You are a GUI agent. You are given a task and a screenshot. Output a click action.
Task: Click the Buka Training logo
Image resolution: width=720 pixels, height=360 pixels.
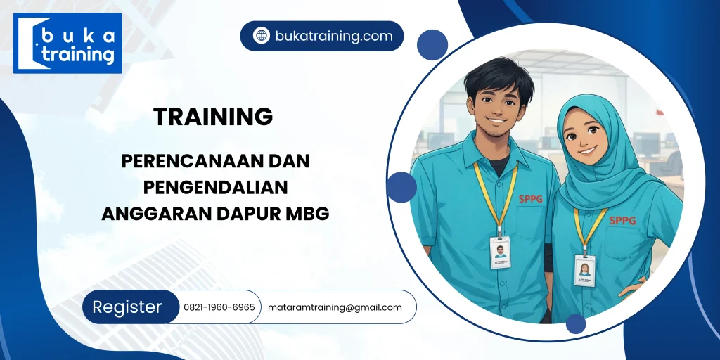(67, 43)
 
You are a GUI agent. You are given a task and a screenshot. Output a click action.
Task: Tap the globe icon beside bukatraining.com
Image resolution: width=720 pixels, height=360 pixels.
(262, 36)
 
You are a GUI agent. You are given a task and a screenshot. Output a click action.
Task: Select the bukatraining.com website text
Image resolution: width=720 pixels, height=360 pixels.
(334, 36)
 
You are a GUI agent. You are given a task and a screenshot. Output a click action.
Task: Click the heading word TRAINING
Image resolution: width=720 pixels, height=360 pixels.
(213, 117)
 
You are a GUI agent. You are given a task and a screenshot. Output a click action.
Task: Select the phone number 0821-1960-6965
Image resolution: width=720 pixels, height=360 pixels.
(219, 307)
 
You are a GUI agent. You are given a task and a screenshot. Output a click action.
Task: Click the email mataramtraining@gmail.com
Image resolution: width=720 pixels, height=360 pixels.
(335, 307)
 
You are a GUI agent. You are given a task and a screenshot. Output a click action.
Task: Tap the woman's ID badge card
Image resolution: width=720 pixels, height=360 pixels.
(584, 270)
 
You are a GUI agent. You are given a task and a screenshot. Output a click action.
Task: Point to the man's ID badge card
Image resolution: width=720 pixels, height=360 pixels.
(500, 252)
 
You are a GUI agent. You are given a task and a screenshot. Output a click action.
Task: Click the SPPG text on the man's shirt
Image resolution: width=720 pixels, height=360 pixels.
(532, 199)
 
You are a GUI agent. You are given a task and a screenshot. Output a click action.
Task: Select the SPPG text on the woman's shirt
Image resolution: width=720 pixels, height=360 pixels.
(622, 221)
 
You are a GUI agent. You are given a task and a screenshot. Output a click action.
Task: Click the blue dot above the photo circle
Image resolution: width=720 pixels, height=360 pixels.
(432, 45)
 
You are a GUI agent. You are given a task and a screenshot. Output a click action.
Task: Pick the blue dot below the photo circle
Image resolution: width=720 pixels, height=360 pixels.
(576, 324)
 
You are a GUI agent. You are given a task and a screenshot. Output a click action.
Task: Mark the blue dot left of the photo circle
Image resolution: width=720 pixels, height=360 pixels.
(401, 187)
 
